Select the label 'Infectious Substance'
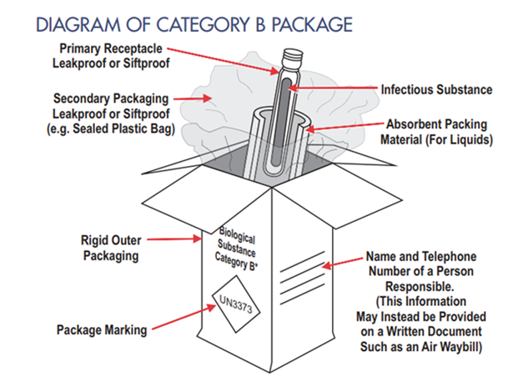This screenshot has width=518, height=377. [435, 88]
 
